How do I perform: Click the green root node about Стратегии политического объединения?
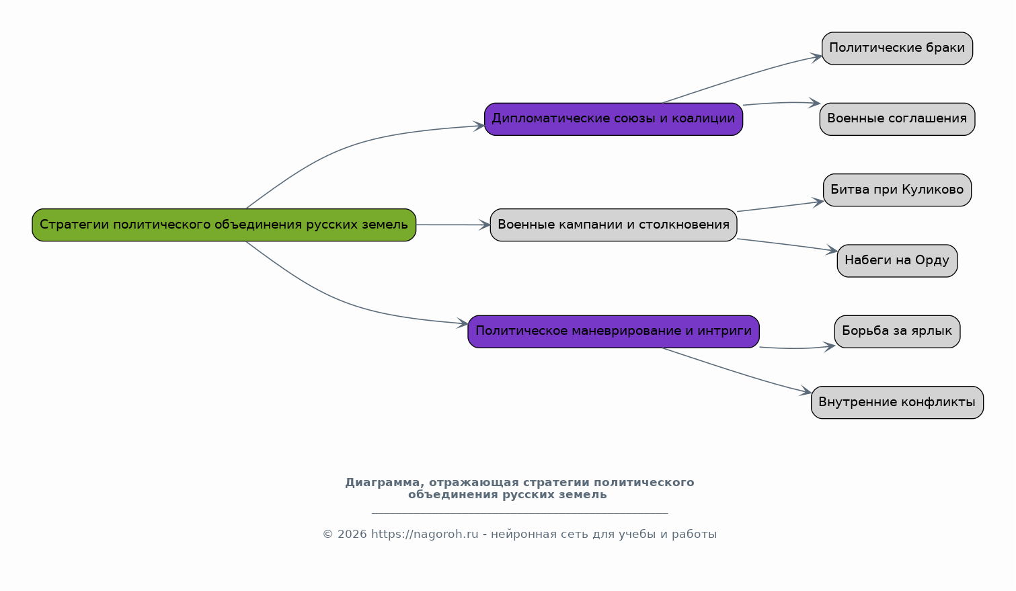click(224, 225)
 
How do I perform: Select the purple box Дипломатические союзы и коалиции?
click(613, 119)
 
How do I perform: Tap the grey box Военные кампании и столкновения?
click(613, 225)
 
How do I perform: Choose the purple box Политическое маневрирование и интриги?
click(613, 331)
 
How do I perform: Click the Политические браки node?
click(897, 48)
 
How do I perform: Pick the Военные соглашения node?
click(897, 119)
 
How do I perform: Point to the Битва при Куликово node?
click(897, 190)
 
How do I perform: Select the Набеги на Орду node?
click(897, 261)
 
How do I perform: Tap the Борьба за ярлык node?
click(897, 331)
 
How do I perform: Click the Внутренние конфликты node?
click(897, 402)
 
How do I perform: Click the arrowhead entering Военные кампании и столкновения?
click(484, 225)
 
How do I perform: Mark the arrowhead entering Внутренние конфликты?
click(806, 391)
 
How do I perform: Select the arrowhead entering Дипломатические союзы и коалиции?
click(479, 126)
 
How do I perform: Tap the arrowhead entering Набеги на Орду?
click(831, 250)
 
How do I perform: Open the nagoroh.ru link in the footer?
click(424, 535)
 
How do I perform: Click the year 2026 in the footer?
click(352, 535)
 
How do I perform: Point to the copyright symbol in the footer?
click(327, 535)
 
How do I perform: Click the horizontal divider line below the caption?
click(520, 513)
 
